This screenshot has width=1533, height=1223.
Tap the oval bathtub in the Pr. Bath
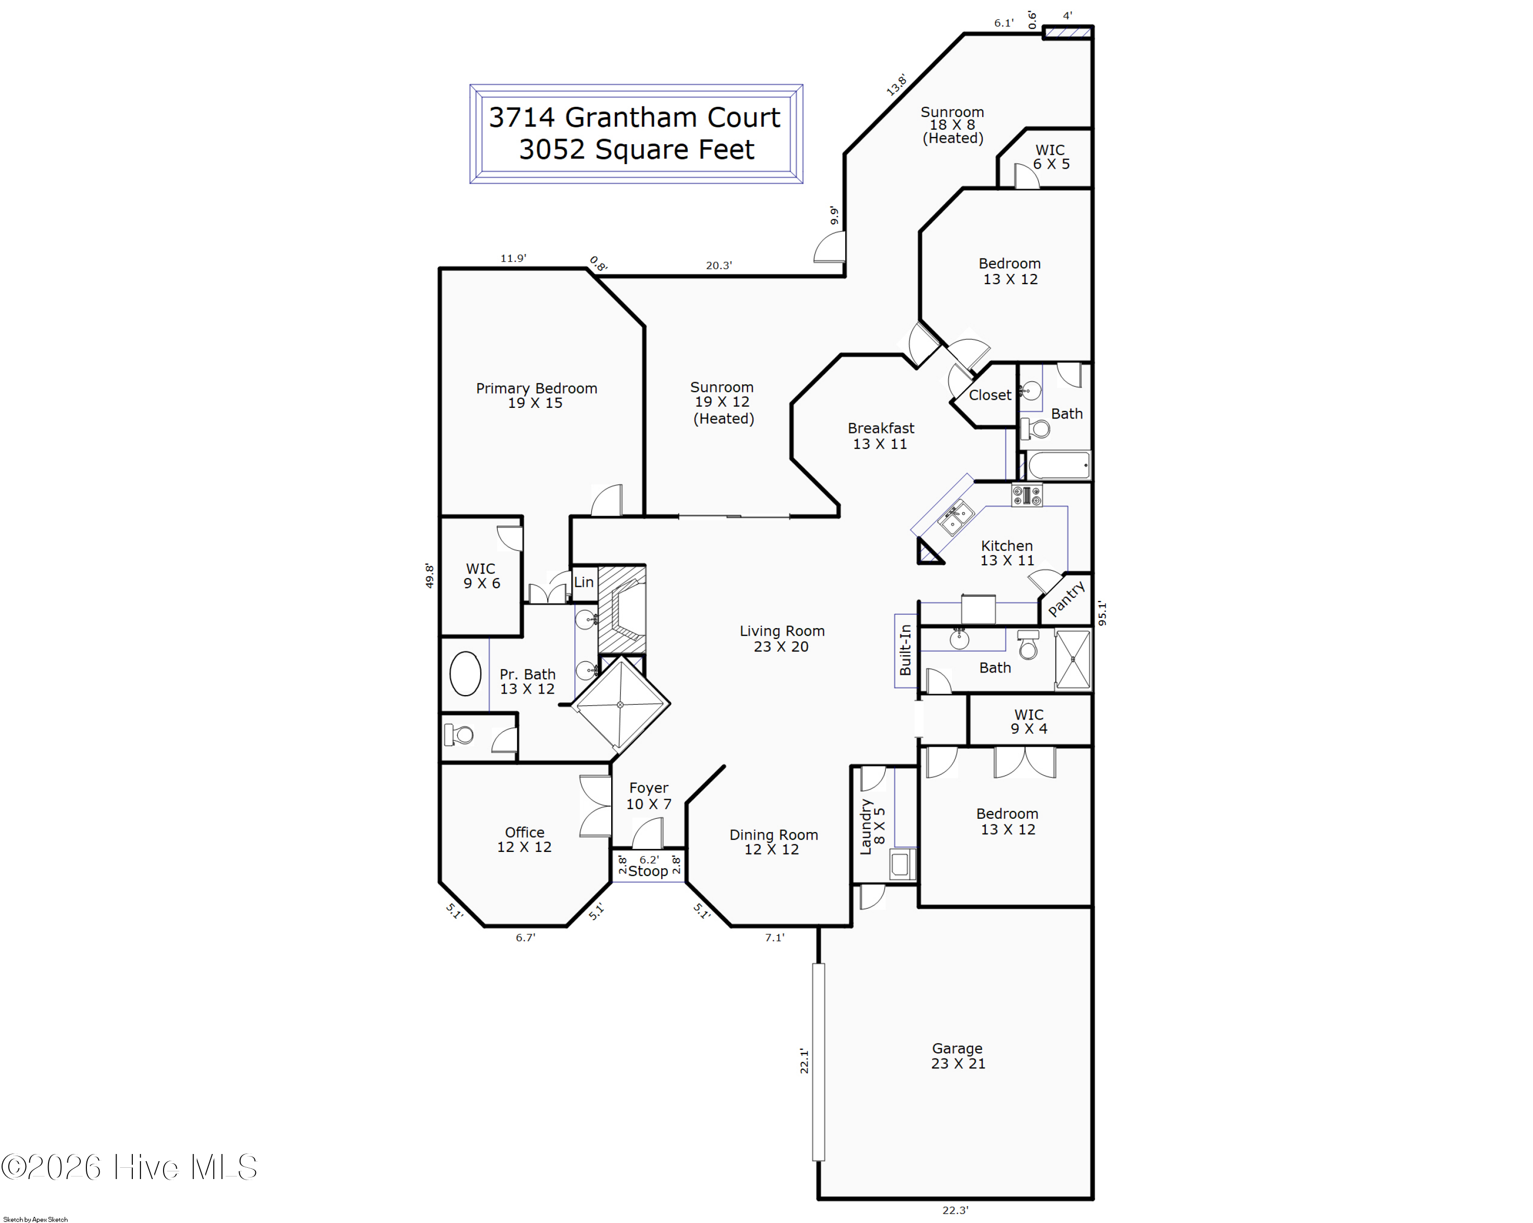465,674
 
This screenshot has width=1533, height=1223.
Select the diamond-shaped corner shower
620,705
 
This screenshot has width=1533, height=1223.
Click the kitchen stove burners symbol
1027,495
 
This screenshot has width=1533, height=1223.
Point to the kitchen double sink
956,517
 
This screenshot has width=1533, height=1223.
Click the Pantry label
1066,598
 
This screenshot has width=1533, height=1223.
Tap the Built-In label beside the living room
905,650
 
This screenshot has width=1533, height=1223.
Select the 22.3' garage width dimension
955,1210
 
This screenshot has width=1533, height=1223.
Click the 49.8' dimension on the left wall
429,575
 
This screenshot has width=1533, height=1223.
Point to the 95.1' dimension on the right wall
1102,613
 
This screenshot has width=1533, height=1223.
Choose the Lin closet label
584,582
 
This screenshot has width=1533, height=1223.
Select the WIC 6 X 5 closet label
1051,156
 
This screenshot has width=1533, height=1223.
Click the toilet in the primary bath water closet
458,734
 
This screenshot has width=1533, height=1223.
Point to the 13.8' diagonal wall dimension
897,85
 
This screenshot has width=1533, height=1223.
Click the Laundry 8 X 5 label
872,826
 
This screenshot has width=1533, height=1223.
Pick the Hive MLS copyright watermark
129,1167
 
